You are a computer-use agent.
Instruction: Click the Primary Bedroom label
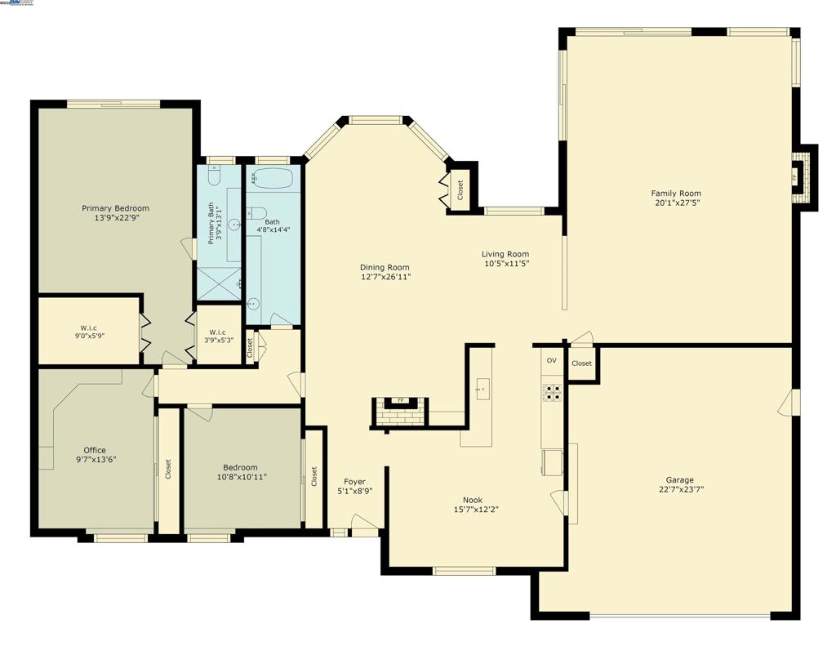(x=115, y=208)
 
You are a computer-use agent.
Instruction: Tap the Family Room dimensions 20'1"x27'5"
(x=676, y=203)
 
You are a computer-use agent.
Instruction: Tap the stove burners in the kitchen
(x=553, y=393)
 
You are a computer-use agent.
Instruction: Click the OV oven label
(x=552, y=361)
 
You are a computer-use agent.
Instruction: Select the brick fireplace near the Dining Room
(x=400, y=414)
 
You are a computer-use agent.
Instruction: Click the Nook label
(x=473, y=500)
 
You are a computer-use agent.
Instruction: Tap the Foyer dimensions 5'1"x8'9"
(x=355, y=492)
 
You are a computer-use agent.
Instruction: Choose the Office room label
(x=95, y=450)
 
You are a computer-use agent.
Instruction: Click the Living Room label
(x=505, y=254)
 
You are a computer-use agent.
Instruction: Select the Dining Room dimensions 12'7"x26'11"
(x=385, y=277)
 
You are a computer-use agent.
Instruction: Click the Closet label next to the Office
(x=169, y=469)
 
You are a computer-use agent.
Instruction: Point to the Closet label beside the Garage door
(x=581, y=363)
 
